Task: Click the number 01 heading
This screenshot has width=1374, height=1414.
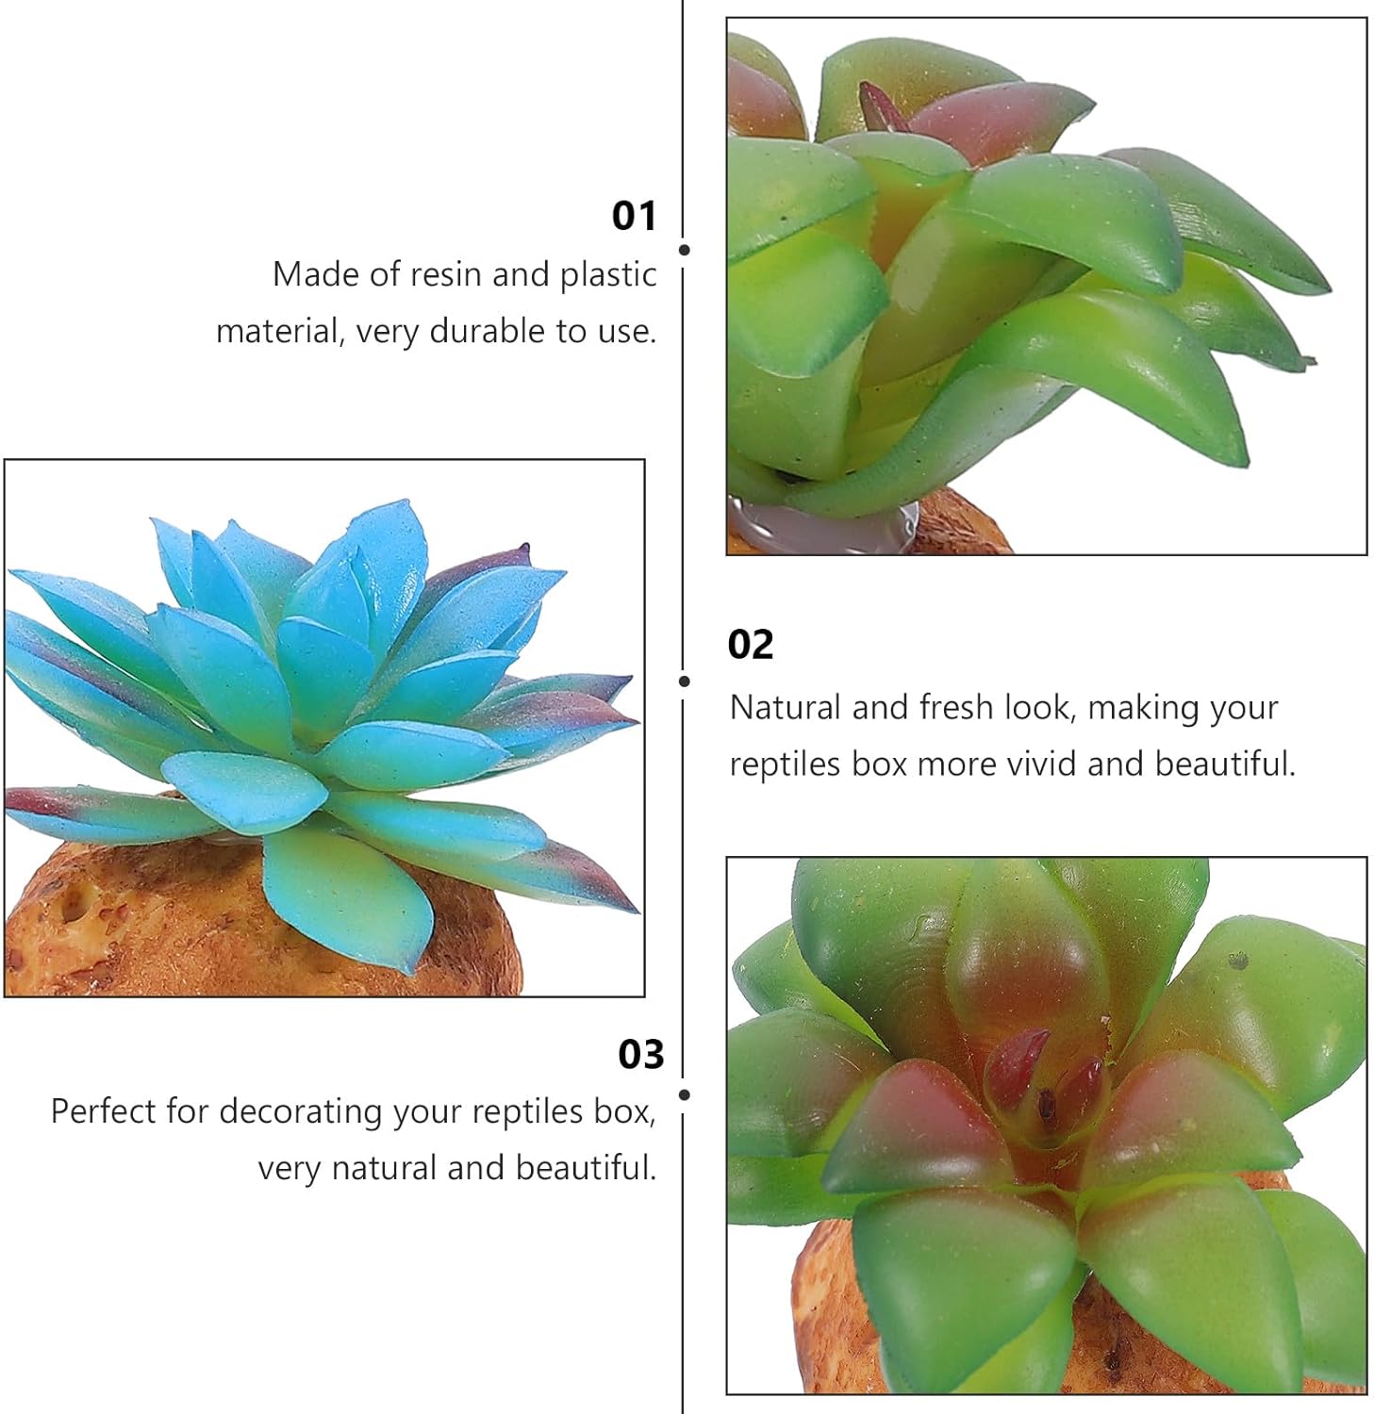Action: [634, 216]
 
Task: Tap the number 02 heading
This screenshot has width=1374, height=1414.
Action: [751, 645]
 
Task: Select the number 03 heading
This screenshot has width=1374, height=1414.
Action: [641, 1054]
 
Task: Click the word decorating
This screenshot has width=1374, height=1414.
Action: [302, 1112]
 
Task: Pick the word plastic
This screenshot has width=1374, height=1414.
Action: [608, 275]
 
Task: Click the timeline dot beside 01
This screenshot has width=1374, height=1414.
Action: [685, 250]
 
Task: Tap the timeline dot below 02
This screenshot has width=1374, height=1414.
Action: [685, 681]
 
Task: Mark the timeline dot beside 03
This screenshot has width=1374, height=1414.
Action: [685, 1094]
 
